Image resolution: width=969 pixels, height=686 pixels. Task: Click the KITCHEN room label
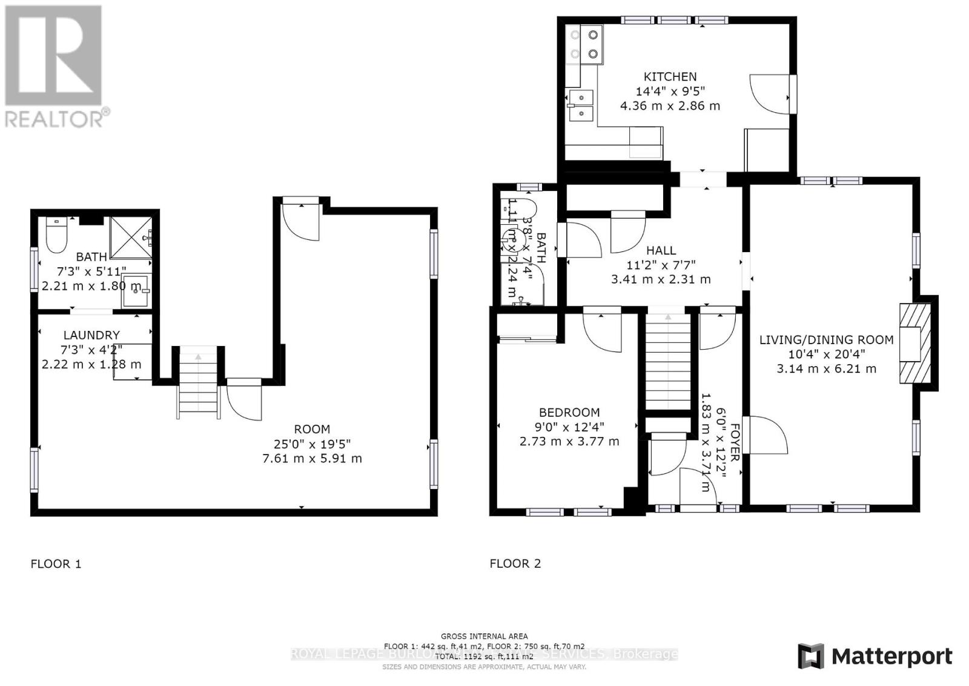(670, 77)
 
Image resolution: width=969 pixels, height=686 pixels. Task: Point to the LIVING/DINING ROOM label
(826, 340)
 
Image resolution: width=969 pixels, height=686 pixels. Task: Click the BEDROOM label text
(569, 413)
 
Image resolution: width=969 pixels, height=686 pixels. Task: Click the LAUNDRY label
(91, 335)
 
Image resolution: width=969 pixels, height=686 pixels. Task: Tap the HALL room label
(661, 250)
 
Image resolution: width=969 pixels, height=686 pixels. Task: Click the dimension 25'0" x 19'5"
(312, 444)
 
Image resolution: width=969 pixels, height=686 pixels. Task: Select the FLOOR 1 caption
(56, 564)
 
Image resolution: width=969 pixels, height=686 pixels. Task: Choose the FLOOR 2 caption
(515, 564)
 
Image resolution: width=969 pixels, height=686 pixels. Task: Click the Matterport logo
(875, 656)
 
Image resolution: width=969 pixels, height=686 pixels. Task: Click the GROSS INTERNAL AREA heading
(484, 636)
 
